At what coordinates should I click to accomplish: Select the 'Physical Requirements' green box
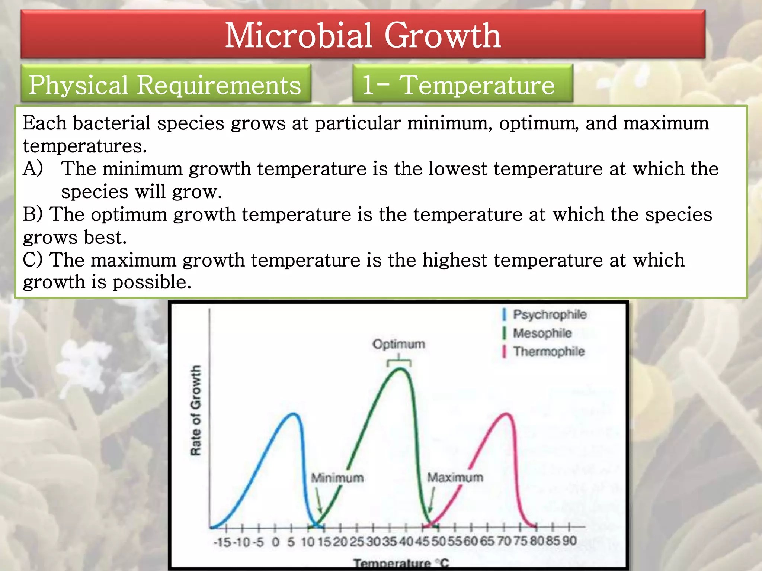[x=165, y=84]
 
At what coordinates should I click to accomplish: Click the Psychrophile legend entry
[x=549, y=314]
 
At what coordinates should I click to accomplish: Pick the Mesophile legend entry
[x=542, y=333]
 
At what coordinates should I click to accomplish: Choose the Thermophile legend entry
[x=548, y=351]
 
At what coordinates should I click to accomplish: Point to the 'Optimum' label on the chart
[x=398, y=344]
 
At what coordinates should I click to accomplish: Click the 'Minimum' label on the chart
[x=337, y=477]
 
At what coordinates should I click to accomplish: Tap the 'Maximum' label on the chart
[x=455, y=477]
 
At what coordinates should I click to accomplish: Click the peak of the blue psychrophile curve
[x=294, y=414]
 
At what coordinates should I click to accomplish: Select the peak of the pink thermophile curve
[x=506, y=414]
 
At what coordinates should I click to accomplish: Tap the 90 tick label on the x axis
[x=569, y=541]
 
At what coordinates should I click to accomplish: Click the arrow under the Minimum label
[x=318, y=500]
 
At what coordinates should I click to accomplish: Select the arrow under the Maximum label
[x=432, y=500]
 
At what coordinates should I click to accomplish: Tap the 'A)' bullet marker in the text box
[x=33, y=168]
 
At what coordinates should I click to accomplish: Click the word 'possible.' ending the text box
[x=152, y=282]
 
